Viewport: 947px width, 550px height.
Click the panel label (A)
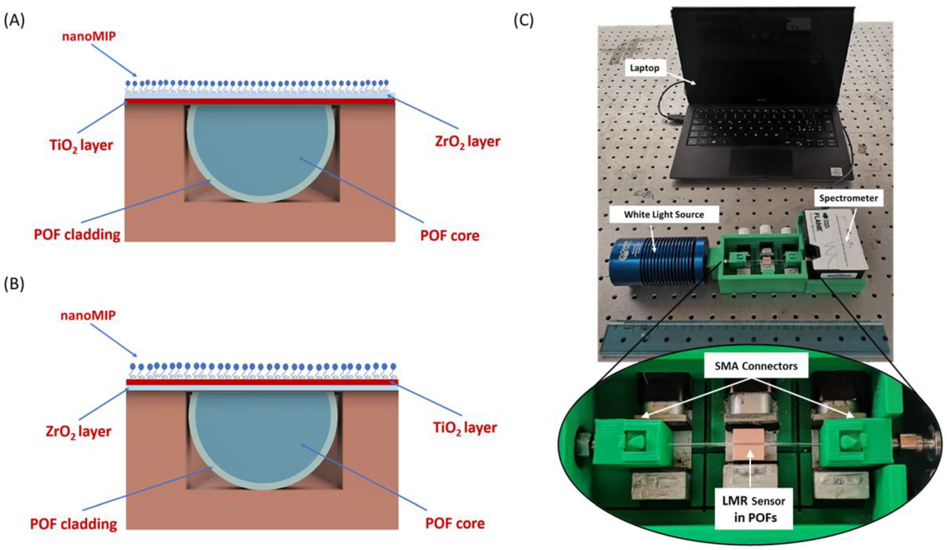(x=14, y=21)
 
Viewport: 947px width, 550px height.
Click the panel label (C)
(x=524, y=21)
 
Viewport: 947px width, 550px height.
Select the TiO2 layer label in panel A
(x=81, y=145)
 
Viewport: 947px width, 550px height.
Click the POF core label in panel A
(x=450, y=235)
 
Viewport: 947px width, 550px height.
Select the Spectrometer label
(x=849, y=198)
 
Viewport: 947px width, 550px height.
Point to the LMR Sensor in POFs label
(x=754, y=509)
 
